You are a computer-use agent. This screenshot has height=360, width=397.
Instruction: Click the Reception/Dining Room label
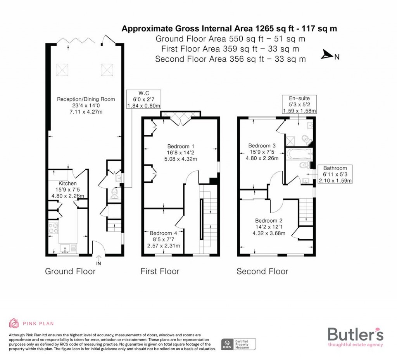86,99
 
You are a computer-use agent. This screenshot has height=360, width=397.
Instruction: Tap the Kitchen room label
67,183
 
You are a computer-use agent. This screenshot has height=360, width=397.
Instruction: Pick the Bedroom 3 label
262,145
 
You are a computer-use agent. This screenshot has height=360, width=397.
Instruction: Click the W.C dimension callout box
144,99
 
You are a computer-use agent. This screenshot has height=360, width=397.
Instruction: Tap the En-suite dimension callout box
300,104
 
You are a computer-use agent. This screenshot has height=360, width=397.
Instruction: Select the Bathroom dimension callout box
335,174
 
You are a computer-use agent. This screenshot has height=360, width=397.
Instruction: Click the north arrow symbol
327,57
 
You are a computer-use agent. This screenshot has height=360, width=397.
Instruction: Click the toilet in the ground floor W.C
114,193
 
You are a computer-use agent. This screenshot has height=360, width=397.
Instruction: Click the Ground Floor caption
70,271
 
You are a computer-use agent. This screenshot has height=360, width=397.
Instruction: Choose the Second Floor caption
262,271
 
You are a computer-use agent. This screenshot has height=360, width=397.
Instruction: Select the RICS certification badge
239,343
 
